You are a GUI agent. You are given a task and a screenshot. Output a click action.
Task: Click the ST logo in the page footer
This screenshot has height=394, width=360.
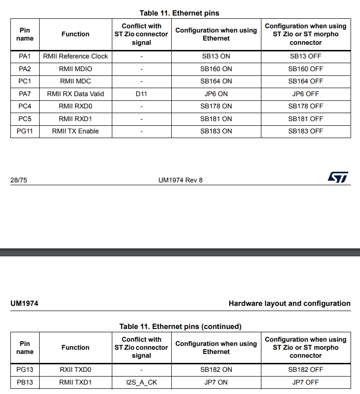pyautogui.click(x=338, y=177)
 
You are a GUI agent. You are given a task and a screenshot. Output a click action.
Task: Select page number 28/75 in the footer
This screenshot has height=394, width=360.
pyautogui.click(x=18, y=180)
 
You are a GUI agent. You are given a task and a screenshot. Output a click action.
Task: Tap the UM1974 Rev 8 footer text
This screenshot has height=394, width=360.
pyautogui.click(x=181, y=180)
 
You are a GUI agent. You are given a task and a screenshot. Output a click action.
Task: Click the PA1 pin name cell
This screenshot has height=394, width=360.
pyautogui.click(x=25, y=56)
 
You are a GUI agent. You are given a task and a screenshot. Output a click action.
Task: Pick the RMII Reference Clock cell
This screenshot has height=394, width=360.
pyautogui.click(x=75, y=56)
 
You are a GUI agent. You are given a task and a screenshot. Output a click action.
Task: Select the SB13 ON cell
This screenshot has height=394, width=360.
pyautogui.click(x=216, y=56)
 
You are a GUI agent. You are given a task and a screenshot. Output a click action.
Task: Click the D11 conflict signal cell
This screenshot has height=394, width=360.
pyautogui.click(x=142, y=94)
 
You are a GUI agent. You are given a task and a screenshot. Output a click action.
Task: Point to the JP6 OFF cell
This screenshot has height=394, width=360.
pyautogui.click(x=306, y=94)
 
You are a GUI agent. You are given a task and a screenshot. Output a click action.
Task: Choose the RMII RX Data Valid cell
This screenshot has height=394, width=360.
pyautogui.click(x=75, y=94)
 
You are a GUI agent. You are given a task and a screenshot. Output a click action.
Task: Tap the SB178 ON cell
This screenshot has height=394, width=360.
pyautogui.click(x=216, y=106)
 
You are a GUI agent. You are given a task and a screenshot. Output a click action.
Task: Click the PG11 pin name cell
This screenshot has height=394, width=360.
pyautogui.click(x=25, y=131)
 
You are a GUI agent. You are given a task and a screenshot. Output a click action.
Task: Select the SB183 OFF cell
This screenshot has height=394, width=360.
pyautogui.click(x=306, y=131)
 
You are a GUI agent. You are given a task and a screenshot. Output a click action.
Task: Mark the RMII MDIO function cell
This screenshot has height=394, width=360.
pyautogui.click(x=75, y=69)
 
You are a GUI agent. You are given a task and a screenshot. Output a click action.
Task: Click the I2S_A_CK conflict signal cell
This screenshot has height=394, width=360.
pyautogui.click(x=142, y=382)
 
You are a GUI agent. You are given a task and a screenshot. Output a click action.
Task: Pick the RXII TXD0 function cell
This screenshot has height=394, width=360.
pyautogui.click(x=75, y=369)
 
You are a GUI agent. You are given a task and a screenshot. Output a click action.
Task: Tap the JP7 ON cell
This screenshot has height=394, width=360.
pyautogui.click(x=216, y=382)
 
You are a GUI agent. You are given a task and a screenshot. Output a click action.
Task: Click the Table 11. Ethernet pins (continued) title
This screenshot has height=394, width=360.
pyautogui.click(x=180, y=327)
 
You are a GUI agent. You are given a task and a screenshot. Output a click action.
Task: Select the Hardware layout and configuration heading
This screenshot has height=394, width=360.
pyautogui.click(x=289, y=304)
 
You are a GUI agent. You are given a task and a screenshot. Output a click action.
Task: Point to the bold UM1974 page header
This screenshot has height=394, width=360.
pyautogui.click(x=24, y=304)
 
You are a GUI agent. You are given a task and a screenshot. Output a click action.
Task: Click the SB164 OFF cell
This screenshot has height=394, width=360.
pyautogui.click(x=306, y=81)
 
